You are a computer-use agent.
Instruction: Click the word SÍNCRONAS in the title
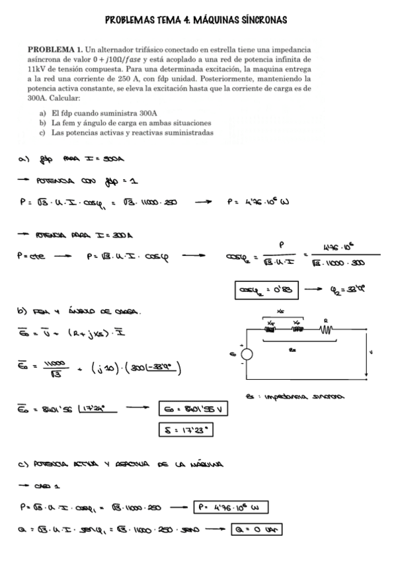262,21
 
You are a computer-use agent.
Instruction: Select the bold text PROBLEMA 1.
55,50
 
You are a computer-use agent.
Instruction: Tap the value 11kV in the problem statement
36,68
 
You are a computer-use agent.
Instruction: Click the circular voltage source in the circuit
246,355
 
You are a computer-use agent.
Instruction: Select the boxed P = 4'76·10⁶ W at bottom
231,507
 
